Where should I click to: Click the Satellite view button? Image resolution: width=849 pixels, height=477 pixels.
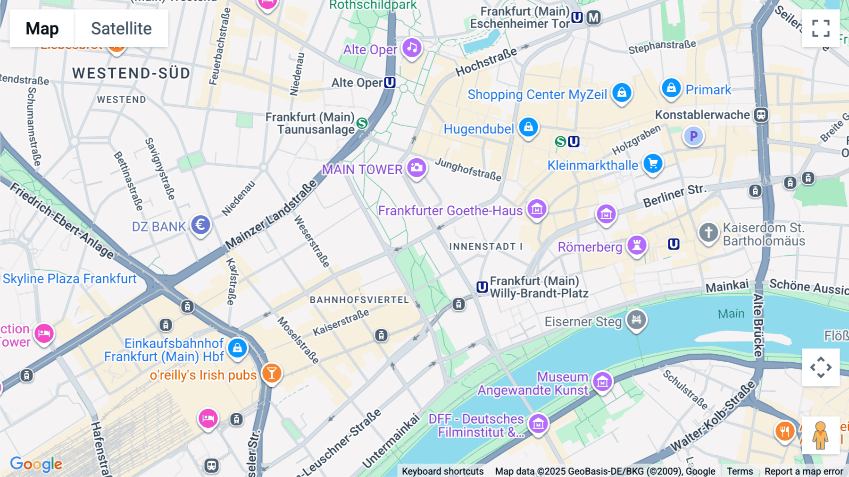coord(121,28)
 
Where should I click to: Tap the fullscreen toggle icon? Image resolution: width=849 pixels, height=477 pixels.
coord(821,28)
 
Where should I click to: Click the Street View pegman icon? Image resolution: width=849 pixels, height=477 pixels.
coord(820,435)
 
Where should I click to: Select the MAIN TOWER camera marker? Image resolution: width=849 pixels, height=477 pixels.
coord(416,168)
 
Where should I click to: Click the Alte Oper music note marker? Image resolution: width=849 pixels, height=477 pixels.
coord(412,48)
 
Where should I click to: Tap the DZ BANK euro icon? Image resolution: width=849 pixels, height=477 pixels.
coord(200,225)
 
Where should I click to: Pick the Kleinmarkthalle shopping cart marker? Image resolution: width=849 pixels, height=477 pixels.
coord(653,163)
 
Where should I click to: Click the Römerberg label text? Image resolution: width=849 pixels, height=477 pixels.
coord(590,247)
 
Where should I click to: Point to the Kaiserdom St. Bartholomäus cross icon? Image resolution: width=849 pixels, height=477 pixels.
coord(708,232)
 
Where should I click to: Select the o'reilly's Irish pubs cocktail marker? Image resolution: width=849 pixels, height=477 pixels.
coord(272,373)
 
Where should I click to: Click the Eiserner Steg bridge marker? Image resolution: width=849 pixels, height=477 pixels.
coord(636,320)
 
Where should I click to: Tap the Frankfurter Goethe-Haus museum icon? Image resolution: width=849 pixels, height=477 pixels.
coord(537,209)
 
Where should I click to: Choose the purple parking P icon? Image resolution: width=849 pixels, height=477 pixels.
coord(693,136)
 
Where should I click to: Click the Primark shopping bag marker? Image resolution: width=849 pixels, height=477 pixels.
coord(671,88)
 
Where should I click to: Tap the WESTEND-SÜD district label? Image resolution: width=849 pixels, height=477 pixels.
coord(131,73)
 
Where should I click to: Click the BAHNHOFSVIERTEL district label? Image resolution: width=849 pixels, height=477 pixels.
coord(359,300)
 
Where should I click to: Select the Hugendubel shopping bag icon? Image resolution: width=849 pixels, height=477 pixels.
coord(528,127)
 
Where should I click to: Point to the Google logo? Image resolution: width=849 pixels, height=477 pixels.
coord(36,464)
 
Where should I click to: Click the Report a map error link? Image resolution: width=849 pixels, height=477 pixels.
coord(803,471)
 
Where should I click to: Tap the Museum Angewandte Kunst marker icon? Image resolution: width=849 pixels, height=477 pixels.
coord(602,382)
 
